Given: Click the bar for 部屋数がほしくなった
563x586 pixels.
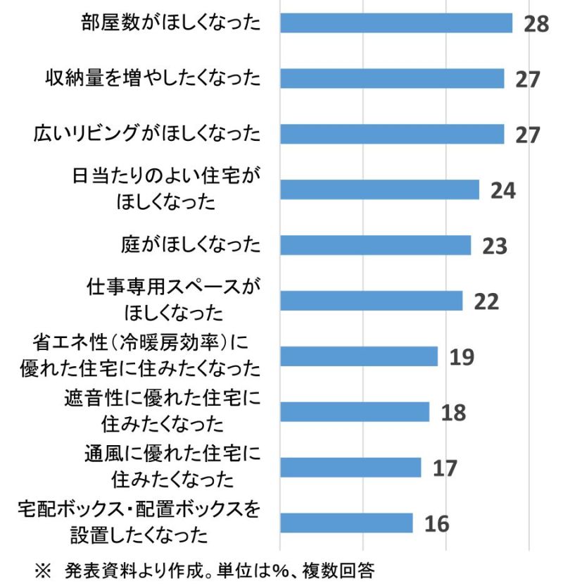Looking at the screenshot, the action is pyautogui.click(x=396, y=23).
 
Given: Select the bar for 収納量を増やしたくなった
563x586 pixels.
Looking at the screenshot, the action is pyautogui.click(x=392, y=78).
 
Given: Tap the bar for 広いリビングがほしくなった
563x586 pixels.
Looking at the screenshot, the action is pyautogui.click(x=392, y=134).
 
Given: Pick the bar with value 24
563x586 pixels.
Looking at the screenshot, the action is pyautogui.click(x=380, y=189).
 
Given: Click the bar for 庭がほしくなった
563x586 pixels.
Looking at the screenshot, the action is pyautogui.click(x=376, y=245).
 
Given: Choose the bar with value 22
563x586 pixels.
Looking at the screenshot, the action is pyautogui.click(x=372, y=301).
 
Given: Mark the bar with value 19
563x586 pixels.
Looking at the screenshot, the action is pyautogui.click(x=359, y=356).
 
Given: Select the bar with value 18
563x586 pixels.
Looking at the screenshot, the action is pyautogui.click(x=355, y=412).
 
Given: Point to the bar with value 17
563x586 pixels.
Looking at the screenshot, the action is pyautogui.click(x=350, y=467).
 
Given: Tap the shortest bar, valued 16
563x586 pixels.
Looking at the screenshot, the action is pyautogui.click(x=346, y=523).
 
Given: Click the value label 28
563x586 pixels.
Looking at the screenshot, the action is pyautogui.click(x=536, y=23).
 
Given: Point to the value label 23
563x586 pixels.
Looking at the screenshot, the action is pyautogui.click(x=495, y=246).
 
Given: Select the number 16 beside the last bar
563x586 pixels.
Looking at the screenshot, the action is pyautogui.click(x=437, y=523).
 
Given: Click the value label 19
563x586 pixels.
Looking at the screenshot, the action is pyautogui.click(x=462, y=357).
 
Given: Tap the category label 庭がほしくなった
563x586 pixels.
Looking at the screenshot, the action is pyautogui.click(x=191, y=245).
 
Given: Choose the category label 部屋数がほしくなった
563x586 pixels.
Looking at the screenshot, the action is pyautogui.click(x=171, y=23).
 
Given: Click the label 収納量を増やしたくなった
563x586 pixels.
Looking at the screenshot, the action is pyautogui.click(x=153, y=78).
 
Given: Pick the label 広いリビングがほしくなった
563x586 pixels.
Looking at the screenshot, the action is pyautogui.click(x=147, y=133).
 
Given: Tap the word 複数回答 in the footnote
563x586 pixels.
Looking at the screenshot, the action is pyautogui.click(x=339, y=571).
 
